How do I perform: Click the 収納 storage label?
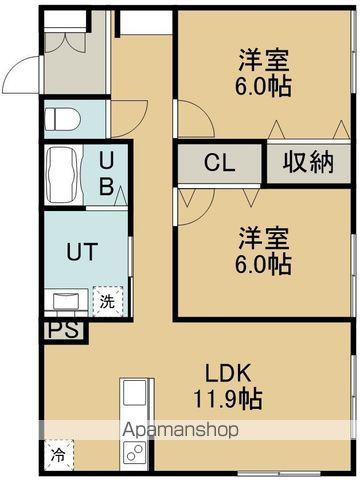(307, 163)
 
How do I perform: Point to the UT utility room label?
(82, 251)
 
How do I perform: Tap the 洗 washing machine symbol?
(104, 298)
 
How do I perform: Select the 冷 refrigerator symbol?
(59, 452)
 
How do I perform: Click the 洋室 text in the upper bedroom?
(264, 58)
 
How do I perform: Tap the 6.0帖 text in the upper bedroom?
(264, 86)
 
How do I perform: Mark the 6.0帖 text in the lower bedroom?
(264, 266)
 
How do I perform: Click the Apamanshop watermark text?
(181, 431)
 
